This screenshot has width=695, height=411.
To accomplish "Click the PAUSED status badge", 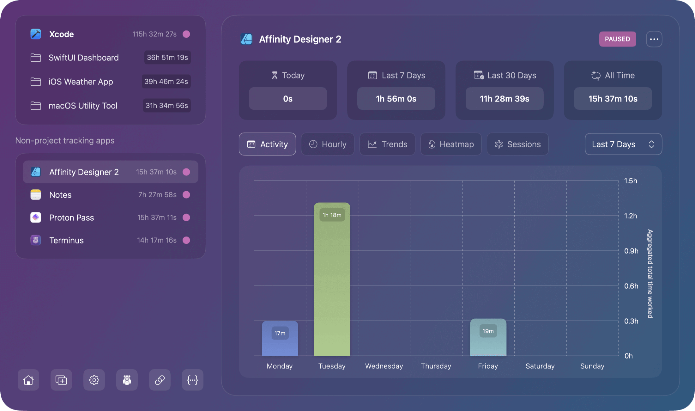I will [617, 39].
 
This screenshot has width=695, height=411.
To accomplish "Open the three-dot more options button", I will [654, 39].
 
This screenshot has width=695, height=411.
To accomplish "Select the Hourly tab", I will [328, 144].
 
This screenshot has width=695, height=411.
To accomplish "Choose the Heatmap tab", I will [451, 144].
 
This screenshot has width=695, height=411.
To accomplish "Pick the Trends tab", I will [387, 144].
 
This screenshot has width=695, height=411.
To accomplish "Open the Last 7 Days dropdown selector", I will [623, 144].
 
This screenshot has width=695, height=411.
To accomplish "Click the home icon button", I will [28, 380].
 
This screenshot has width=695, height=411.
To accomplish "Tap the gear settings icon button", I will [94, 380].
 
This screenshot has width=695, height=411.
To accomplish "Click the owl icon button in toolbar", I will [127, 380].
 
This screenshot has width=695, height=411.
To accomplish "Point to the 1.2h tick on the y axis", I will [631, 216].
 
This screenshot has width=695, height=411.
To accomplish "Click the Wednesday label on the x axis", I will [384, 366].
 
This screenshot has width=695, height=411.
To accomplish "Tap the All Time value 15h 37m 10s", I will [613, 99].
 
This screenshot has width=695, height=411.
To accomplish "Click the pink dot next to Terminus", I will [186, 240].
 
